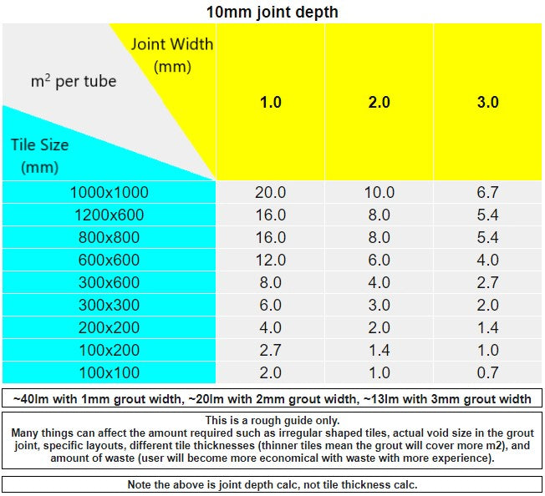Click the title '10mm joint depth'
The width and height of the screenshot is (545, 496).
(272, 12)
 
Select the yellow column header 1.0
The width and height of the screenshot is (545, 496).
(271, 102)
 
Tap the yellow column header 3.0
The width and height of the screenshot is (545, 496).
(488, 102)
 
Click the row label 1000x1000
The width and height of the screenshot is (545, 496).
(109, 192)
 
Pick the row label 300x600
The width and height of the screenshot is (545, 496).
(109, 282)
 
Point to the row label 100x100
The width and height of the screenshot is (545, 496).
(109, 372)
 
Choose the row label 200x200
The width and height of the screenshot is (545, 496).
(109, 327)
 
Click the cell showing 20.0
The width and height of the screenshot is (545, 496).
(271, 192)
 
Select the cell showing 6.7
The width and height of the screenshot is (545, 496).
(488, 192)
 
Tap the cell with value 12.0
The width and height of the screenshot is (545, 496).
(271, 260)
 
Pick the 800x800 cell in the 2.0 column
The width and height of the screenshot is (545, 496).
(379, 237)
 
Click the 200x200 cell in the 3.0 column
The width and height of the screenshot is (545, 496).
(488, 327)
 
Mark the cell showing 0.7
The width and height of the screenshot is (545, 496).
(488, 372)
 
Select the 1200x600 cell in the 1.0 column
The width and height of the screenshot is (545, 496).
(271, 215)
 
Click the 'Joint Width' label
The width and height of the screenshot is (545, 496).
(172, 44)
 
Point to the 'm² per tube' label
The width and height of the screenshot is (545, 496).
(74, 82)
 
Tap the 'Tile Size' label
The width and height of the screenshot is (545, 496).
(39, 144)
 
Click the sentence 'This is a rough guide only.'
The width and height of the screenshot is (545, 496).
(272, 420)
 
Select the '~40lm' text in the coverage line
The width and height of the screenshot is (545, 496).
(27, 399)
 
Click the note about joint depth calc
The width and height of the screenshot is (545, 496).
(272, 484)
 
